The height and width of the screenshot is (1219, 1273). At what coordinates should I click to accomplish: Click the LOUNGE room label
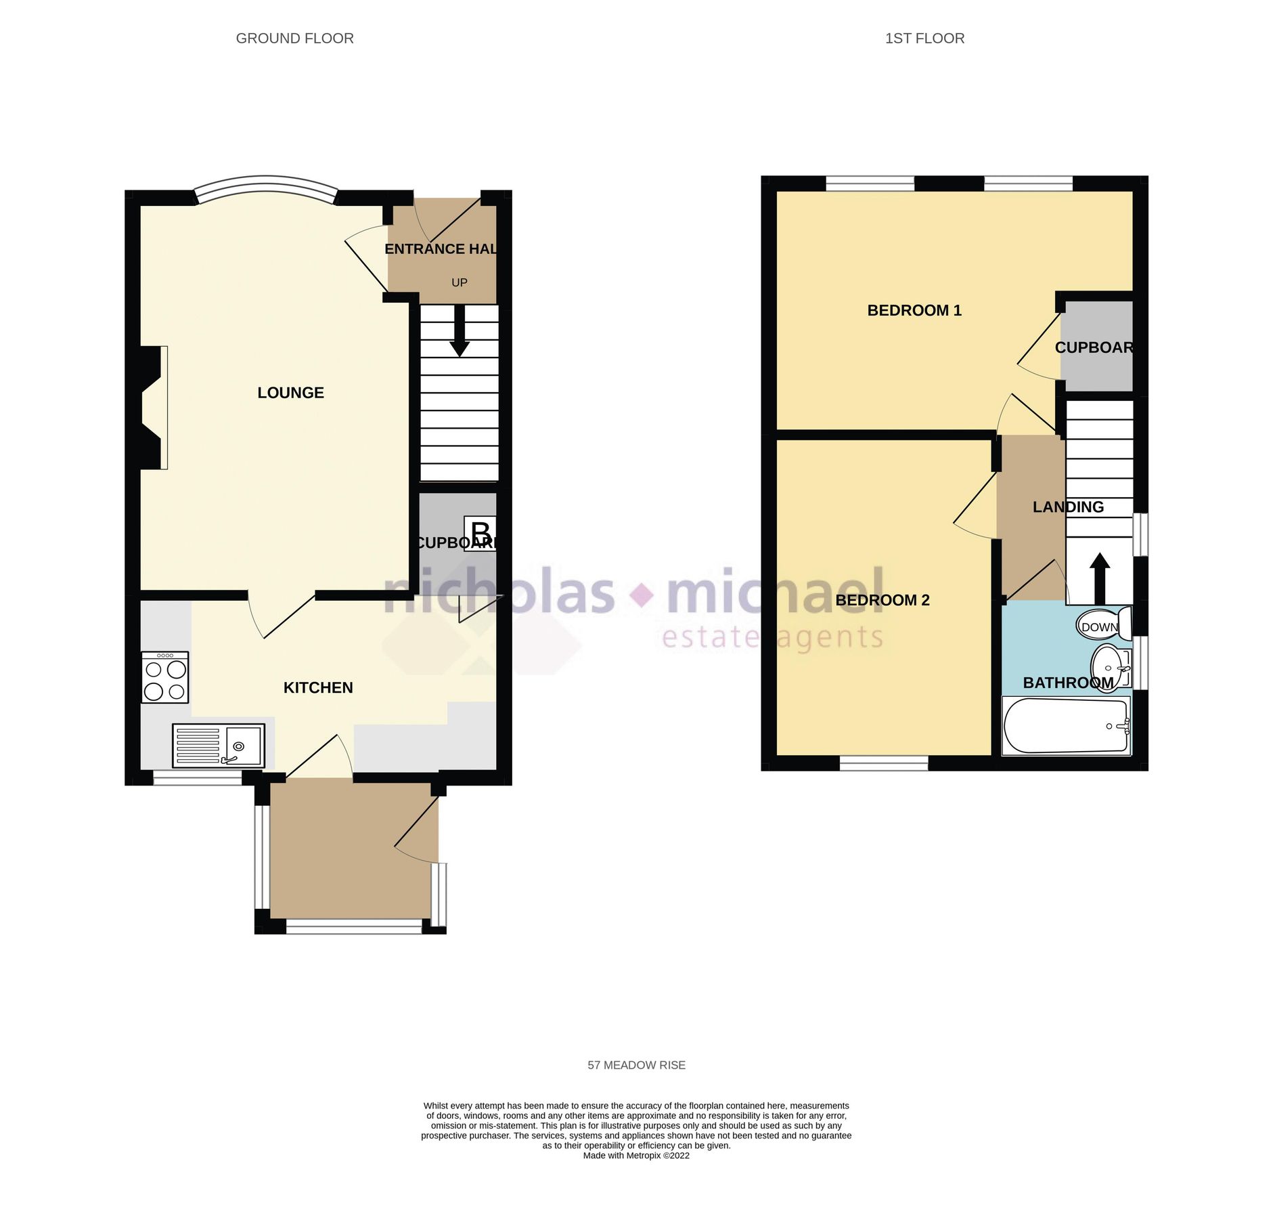pyautogui.click(x=290, y=393)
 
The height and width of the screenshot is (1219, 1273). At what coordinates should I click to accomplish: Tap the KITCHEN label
pyautogui.click(x=317, y=688)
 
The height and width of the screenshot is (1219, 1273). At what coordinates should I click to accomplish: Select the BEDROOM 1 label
pyautogui.click(x=914, y=310)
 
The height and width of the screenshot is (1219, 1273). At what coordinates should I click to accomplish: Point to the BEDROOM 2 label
pyautogui.click(x=882, y=600)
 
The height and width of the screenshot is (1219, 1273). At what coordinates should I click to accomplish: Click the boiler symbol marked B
pyautogui.click(x=480, y=533)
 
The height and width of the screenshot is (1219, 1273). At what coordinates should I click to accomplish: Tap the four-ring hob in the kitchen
pyautogui.click(x=164, y=677)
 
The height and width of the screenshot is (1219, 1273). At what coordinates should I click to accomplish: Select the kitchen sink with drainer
pyautogui.click(x=218, y=746)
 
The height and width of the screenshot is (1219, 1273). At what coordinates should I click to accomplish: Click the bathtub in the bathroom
pyautogui.click(x=1065, y=726)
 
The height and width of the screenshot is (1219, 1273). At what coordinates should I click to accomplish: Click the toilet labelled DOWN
pyautogui.click(x=1103, y=624)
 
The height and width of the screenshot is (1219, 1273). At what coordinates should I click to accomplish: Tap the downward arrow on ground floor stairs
pyautogui.click(x=460, y=332)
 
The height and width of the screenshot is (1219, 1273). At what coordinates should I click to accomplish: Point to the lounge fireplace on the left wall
pyautogui.click(x=153, y=407)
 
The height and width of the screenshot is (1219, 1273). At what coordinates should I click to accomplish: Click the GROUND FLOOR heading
pyautogui.click(x=294, y=39)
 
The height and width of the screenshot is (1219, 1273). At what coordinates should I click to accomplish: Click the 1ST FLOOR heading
pyautogui.click(x=924, y=39)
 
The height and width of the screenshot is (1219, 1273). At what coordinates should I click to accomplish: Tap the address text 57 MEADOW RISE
pyautogui.click(x=636, y=1065)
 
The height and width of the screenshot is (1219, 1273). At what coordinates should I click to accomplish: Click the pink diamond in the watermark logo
pyautogui.click(x=642, y=595)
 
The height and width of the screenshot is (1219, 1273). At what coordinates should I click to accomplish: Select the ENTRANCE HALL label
pyautogui.click(x=441, y=249)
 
